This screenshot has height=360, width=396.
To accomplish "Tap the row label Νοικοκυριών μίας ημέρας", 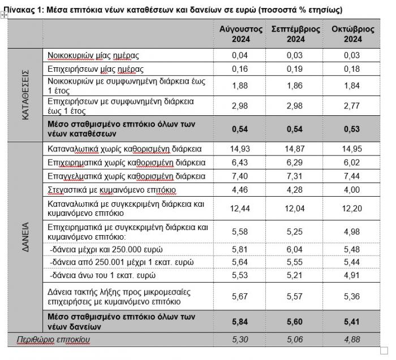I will coord(93,55).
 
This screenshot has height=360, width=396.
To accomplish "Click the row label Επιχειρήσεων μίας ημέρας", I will coord(96,69).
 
